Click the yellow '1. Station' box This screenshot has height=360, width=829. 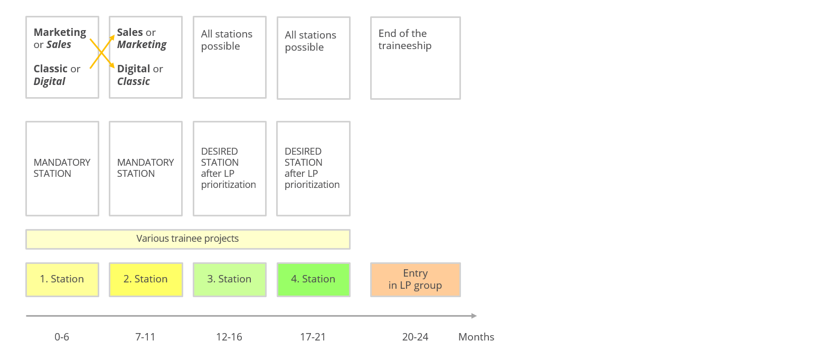point(62,280)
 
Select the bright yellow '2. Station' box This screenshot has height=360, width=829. point(146,280)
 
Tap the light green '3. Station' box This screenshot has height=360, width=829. point(230,280)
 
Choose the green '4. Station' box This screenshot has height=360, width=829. point(314,280)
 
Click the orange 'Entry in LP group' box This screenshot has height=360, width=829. point(416,280)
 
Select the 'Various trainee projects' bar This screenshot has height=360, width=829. point(188,239)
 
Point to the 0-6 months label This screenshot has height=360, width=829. point(62,337)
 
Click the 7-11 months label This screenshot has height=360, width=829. point(145,337)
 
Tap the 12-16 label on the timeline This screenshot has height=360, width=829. point(229,337)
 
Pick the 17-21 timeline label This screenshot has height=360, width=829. point(313,337)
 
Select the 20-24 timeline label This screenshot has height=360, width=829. point(415,337)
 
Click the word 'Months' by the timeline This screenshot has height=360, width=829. point(476,337)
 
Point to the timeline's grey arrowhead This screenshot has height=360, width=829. point(474,316)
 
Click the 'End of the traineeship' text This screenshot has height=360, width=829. point(405,40)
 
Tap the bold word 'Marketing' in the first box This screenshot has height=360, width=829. point(60,33)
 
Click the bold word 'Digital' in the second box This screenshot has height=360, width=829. point(134,69)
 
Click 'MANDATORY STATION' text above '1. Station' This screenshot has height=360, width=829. point(62,168)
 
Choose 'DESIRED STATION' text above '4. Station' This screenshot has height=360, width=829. point(304,157)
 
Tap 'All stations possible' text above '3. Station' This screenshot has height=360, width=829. point(227,40)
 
